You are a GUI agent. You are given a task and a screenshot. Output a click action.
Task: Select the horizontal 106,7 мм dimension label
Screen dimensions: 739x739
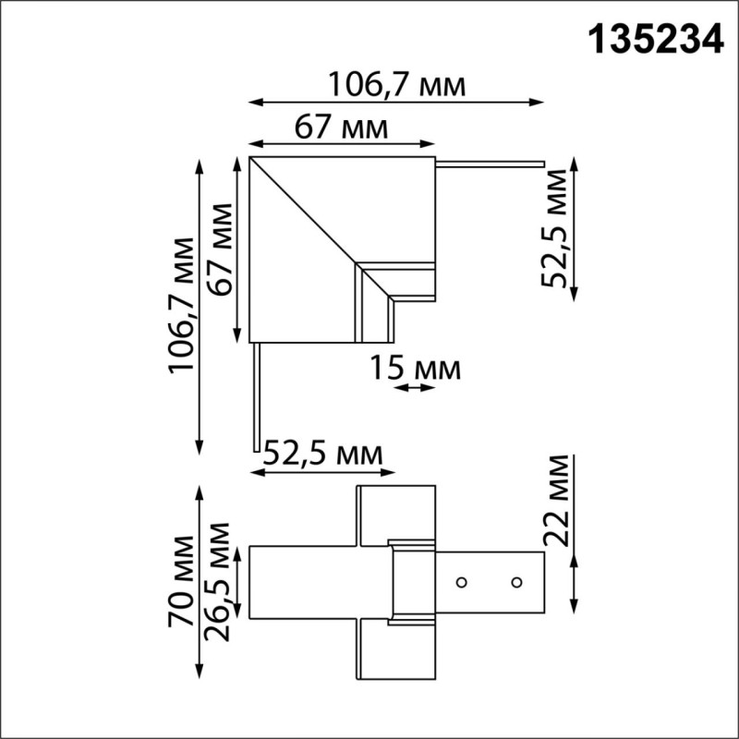click(x=396, y=85)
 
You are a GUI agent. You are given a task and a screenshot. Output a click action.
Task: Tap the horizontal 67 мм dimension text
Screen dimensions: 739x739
click(x=342, y=127)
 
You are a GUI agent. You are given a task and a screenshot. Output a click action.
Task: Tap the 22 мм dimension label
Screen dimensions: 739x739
click(x=557, y=503)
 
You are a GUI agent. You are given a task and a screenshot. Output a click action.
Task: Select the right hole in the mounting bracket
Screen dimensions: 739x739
click(x=516, y=582)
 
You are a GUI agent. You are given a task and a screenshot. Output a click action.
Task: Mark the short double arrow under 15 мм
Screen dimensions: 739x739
click(x=413, y=389)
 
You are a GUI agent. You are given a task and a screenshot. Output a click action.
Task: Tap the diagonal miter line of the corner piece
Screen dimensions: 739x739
click(x=305, y=212)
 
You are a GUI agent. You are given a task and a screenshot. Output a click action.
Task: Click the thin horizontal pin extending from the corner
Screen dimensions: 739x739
click(x=490, y=165)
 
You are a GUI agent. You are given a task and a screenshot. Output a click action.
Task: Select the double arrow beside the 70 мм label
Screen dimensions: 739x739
click(x=199, y=582)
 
